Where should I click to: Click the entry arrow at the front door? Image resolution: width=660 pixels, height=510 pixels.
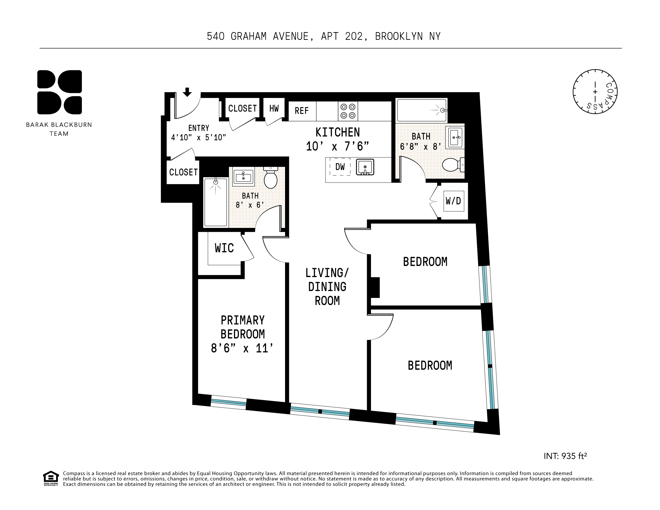(187, 92)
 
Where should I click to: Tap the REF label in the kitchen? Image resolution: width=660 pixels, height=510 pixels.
(302, 111)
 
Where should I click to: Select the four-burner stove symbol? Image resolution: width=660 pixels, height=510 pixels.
(348, 111)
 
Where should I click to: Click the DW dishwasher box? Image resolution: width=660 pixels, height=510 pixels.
(340, 167)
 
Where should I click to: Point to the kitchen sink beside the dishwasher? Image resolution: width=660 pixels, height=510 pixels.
(365, 167)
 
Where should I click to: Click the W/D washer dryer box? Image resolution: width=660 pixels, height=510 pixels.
(453, 201)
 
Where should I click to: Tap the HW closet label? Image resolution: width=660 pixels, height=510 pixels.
(274, 109)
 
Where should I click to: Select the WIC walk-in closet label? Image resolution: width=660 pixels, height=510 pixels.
(224, 248)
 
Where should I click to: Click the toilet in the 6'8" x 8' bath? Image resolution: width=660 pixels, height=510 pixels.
(452, 165)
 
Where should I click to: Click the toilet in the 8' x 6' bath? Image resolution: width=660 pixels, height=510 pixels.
(271, 178)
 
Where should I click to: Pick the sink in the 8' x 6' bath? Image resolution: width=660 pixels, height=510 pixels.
(243, 177)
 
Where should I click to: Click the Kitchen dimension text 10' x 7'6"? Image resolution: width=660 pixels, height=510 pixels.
(337, 147)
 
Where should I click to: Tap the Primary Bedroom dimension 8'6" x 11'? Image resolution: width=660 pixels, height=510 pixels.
(242, 349)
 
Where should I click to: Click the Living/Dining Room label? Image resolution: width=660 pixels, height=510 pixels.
(327, 287)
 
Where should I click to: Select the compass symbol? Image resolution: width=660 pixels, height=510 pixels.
(595, 92)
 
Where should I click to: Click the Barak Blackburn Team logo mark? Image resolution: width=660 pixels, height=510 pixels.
(59, 92)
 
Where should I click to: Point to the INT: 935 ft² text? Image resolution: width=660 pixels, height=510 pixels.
(565, 456)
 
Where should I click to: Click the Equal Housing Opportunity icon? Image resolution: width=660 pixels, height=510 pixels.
(51, 478)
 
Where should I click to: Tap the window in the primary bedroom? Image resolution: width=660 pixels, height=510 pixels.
(228, 402)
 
